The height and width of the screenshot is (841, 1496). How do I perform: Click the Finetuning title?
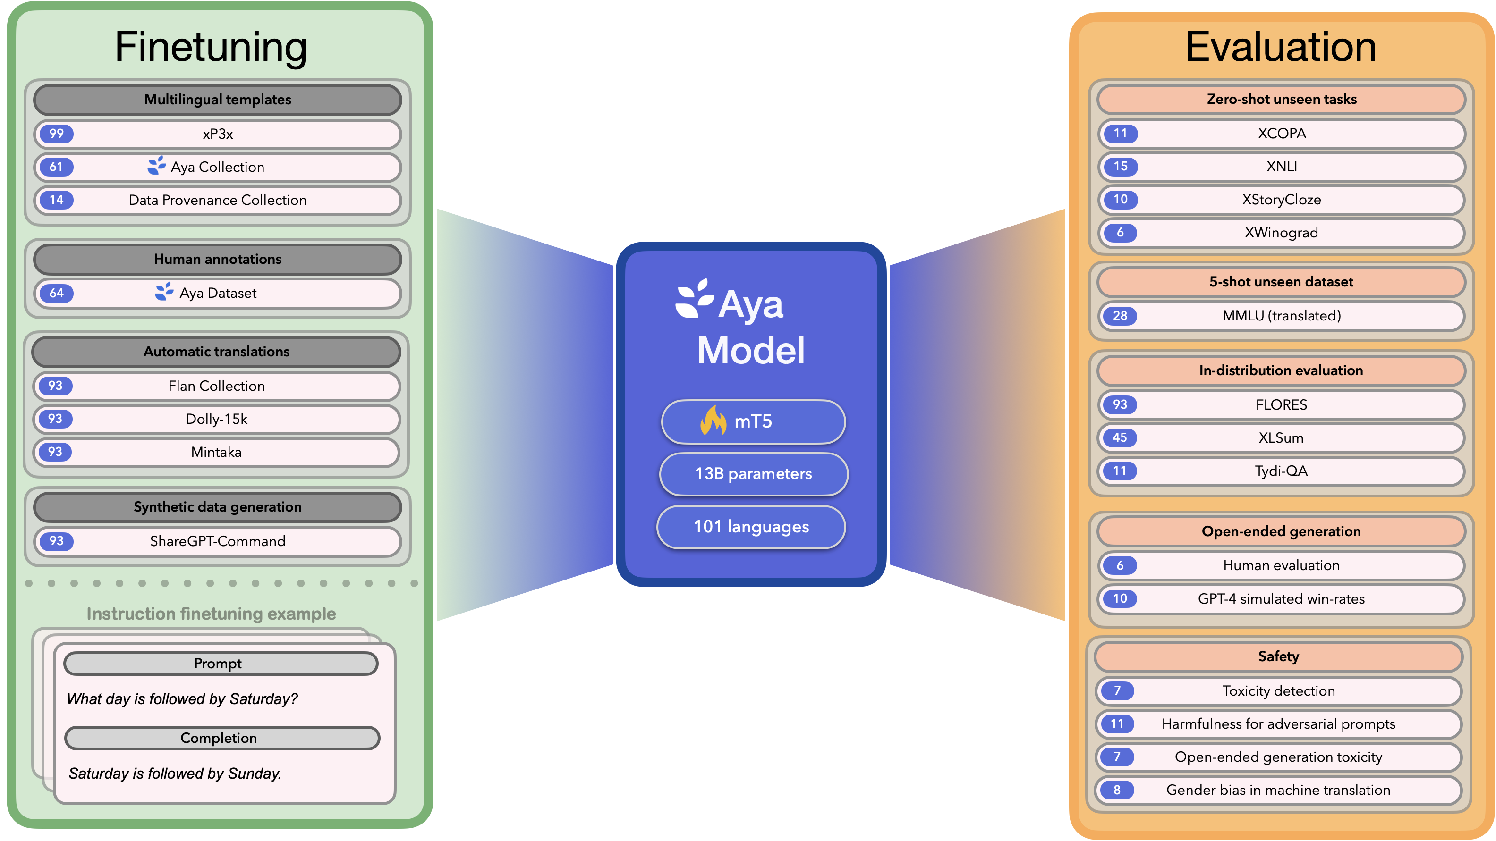pos(211,47)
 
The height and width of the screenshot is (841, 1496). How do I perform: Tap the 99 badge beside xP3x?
pos(56,134)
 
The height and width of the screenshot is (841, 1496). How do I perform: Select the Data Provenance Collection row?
pos(217,200)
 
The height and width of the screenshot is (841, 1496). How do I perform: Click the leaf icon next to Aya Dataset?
pos(164,291)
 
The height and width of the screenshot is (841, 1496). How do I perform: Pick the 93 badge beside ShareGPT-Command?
pos(56,541)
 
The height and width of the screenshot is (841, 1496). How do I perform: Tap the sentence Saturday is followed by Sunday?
pos(175,774)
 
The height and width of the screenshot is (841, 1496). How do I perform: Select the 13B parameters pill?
pos(753,474)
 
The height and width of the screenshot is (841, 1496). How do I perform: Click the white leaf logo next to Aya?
pos(694,298)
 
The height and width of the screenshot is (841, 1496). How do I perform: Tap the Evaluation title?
pos(1281,47)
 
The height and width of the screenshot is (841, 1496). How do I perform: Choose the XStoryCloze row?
pos(1281,200)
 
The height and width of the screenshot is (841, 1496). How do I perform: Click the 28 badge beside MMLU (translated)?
pos(1120,316)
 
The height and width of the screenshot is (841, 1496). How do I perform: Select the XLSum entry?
pos(1281,437)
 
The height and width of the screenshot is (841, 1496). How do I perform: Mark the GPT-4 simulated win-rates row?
pos(1281,599)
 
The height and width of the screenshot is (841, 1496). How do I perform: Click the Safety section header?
pos(1278,656)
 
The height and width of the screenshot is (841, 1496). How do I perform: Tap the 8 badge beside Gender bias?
pos(1117,790)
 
